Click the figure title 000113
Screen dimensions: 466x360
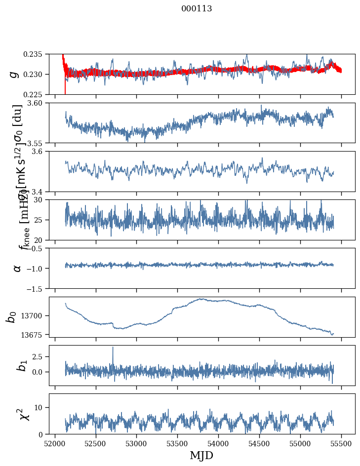[197, 8]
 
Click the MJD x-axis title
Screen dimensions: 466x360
[201, 456]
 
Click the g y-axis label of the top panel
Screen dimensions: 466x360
[15, 74]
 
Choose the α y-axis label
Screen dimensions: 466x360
[17, 268]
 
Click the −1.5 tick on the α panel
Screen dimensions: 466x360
[37, 288]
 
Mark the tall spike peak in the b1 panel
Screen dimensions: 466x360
[113, 347]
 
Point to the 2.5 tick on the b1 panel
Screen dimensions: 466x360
[40, 356]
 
